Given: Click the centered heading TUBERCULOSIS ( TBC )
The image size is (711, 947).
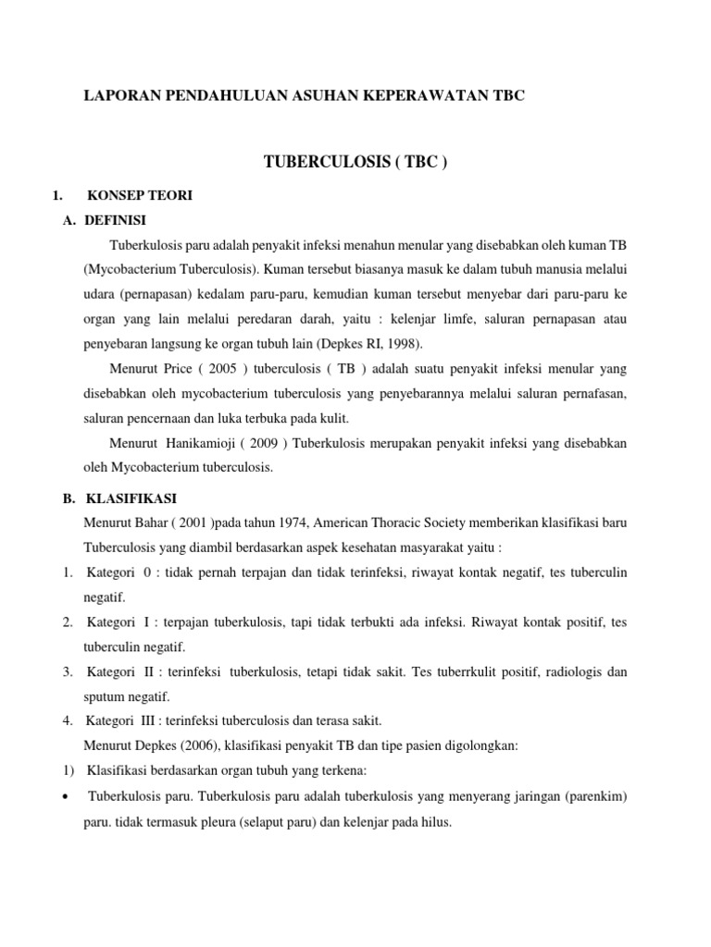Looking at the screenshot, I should [x=355, y=163].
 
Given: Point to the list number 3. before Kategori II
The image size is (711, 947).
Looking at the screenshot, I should [x=69, y=671].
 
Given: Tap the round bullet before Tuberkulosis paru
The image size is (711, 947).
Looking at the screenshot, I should [x=69, y=795].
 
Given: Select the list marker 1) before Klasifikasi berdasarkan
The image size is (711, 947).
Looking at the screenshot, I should [x=69, y=770].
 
